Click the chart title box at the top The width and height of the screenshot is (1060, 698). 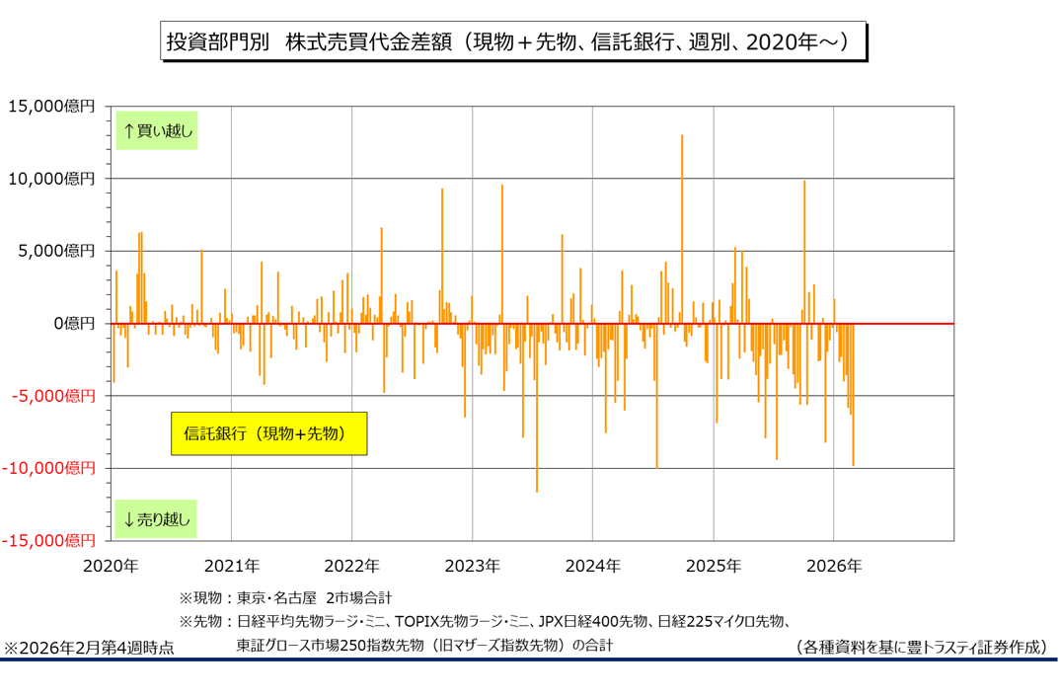tap(513, 42)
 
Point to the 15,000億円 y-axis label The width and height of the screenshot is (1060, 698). tap(51, 106)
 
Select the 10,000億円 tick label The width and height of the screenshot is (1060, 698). tap(51, 179)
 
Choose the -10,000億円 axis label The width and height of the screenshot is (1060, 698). tap(49, 468)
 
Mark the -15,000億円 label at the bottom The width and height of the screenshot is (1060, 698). tap(49, 541)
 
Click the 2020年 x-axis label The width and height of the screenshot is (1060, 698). tap(111, 567)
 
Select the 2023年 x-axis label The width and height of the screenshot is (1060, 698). tap(472, 567)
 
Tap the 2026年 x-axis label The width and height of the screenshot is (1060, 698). tap(834, 567)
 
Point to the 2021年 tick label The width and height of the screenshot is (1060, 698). tap(231, 567)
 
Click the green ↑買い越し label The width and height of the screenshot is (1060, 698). tap(158, 129)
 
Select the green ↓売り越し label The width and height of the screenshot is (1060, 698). tap(158, 517)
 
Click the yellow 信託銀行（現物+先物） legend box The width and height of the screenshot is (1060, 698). tap(268, 433)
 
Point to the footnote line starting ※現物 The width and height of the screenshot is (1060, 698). tap(285, 597)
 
